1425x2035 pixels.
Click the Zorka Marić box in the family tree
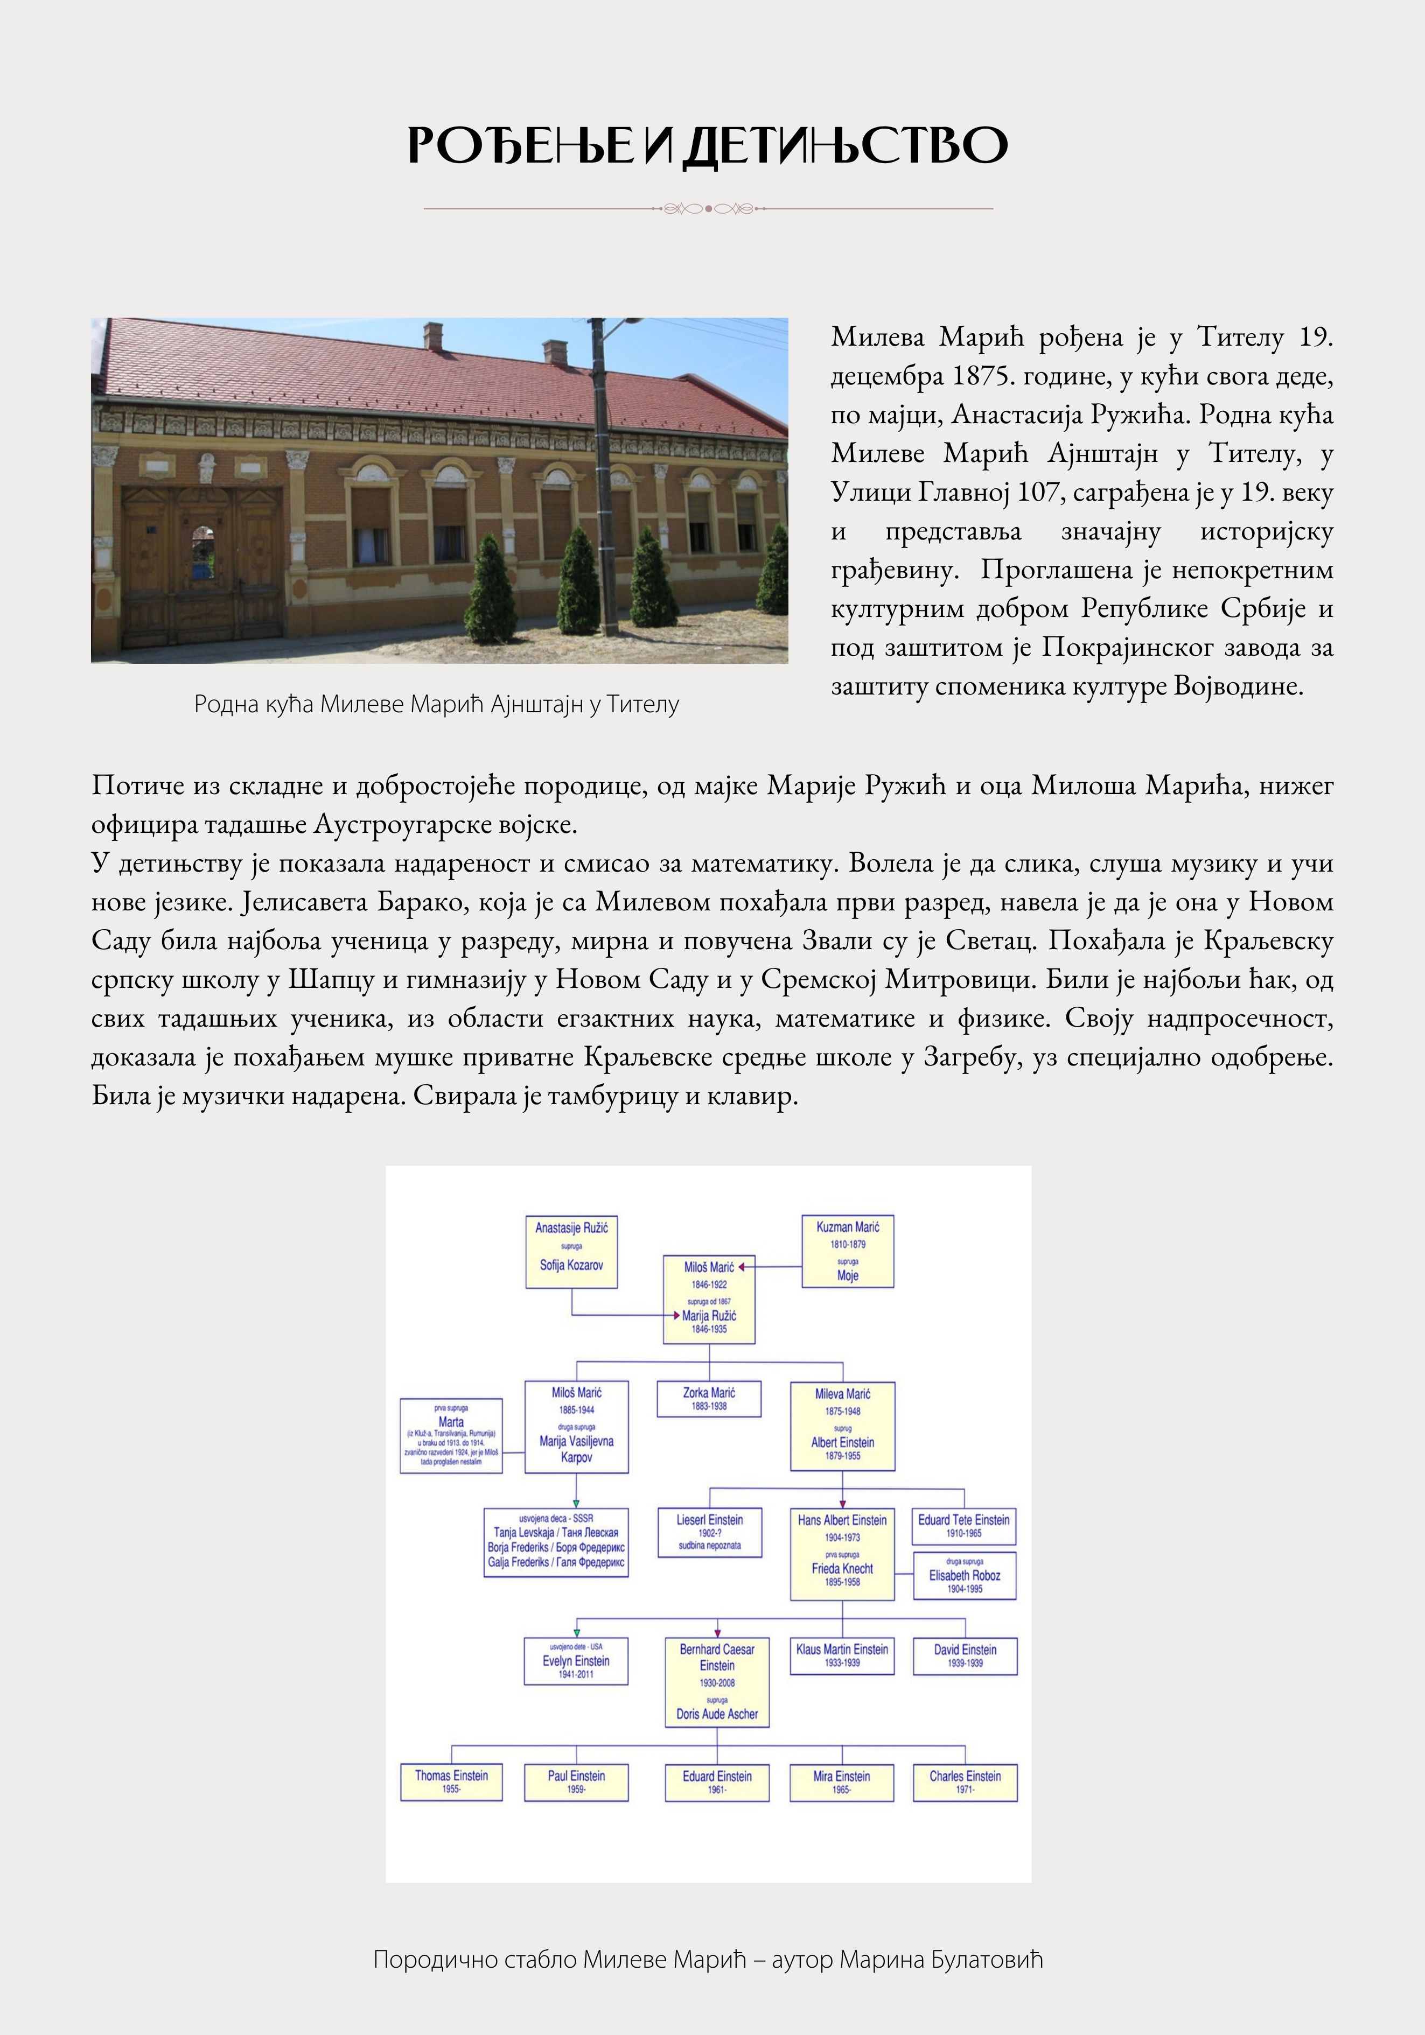pos(709,1399)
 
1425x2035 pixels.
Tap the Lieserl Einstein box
pos(709,1533)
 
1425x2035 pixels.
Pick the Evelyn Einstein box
pos(576,1660)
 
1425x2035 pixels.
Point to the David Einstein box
pos(965,1655)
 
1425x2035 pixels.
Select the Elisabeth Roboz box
pos(965,1576)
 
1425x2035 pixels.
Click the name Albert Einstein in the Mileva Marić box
pos(842,1442)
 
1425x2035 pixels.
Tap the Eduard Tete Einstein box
pos(964,1525)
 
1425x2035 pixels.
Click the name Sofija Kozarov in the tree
pos(571,1265)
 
